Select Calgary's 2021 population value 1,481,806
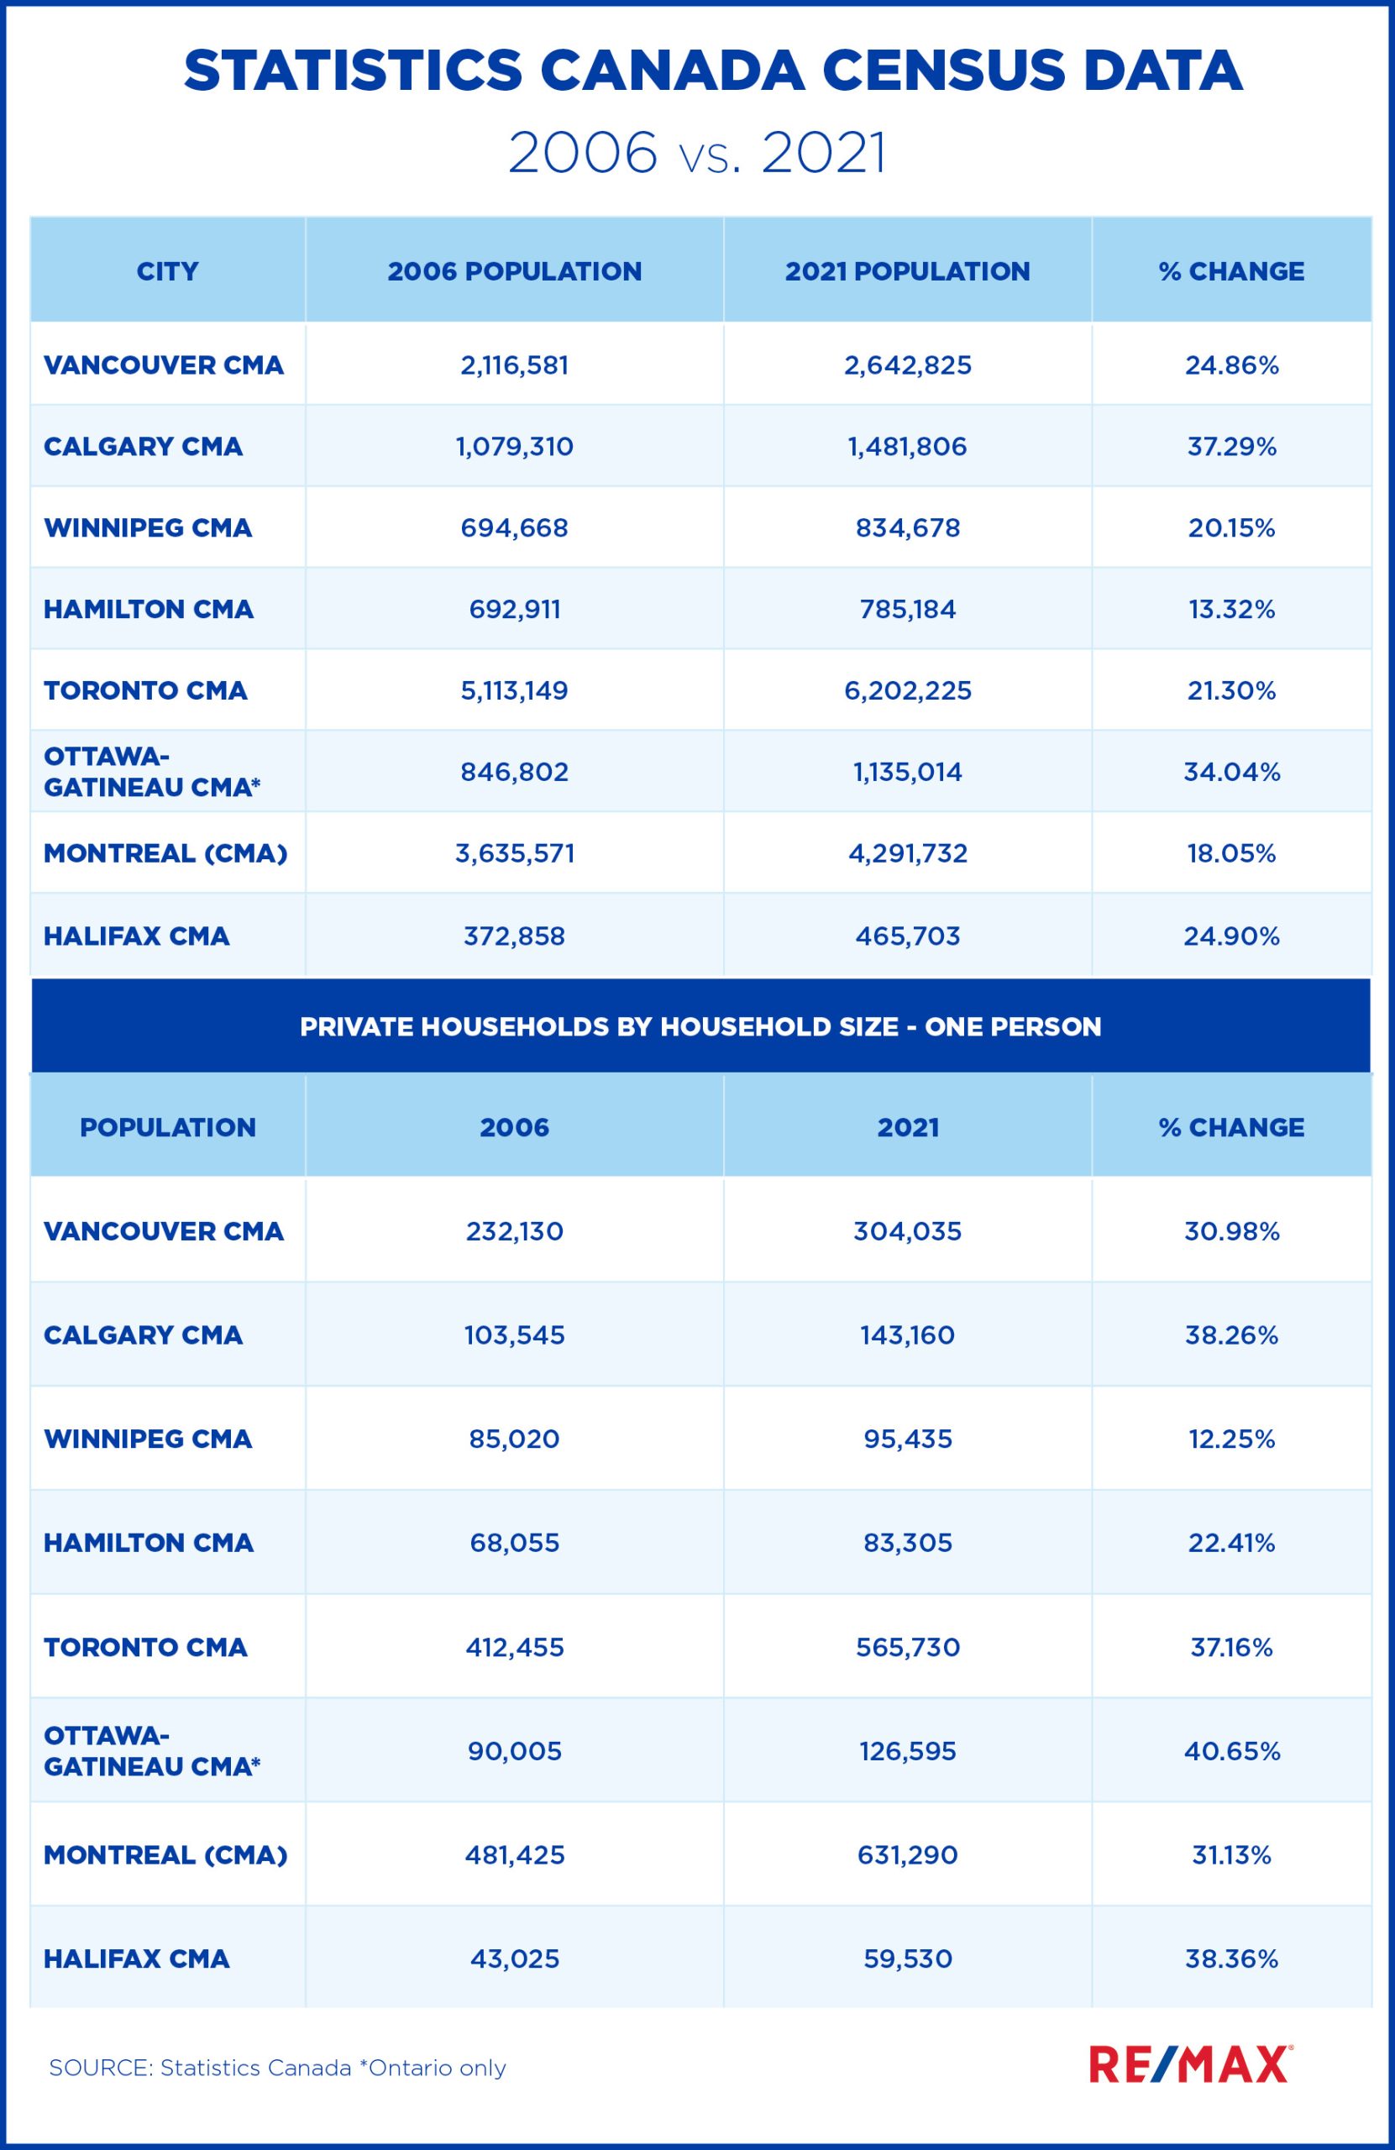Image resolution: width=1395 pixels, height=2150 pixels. [907, 446]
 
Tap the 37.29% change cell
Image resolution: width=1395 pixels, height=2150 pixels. [1231, 446]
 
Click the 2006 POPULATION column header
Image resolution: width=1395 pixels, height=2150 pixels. [514, 271]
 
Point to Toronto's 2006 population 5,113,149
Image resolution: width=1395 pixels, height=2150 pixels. [514, 690]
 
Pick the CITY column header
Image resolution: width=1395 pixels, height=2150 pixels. [167, 271]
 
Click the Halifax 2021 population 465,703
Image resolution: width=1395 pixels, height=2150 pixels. [907, 936]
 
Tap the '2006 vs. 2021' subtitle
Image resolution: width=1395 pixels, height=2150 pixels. [696, 153]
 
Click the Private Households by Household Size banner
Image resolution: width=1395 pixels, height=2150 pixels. [700, 1026]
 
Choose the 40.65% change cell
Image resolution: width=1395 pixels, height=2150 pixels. [1231, 1751]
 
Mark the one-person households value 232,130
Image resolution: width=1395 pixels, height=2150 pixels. [514, 1231]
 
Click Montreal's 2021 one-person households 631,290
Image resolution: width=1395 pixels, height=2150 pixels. [907, 1854]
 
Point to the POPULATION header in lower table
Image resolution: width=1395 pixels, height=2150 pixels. [167, 1126]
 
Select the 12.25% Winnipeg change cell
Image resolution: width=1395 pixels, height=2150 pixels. [1231, 1439]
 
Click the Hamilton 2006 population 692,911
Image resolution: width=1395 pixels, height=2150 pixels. [514, 609]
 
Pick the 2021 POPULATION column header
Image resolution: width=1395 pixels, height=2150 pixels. [907, 271]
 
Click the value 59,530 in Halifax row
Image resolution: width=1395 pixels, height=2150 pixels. [907, 1959]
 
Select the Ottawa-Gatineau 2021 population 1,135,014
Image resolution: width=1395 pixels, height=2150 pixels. [907, 772]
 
